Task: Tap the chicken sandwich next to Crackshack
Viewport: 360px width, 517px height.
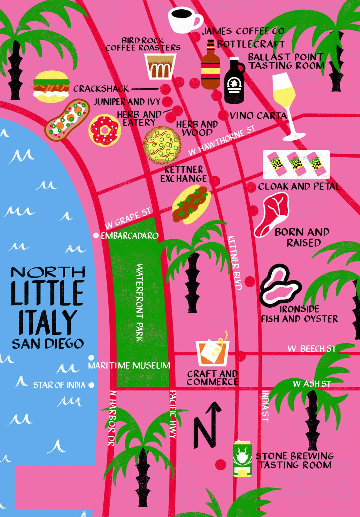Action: (51, 87)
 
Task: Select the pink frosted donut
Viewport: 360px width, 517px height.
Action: (105, 130)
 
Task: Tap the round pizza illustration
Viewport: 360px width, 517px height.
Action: (162, 145)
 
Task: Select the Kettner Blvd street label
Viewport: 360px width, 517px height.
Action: (235, 263)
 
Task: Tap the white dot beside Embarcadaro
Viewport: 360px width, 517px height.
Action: (96, 235)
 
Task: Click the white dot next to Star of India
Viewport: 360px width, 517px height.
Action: (91, 385)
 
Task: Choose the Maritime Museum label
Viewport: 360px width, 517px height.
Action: (129, 365)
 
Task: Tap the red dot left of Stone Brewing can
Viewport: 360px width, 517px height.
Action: (220, 463)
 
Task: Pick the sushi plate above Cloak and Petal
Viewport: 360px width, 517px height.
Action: (296, 164)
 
